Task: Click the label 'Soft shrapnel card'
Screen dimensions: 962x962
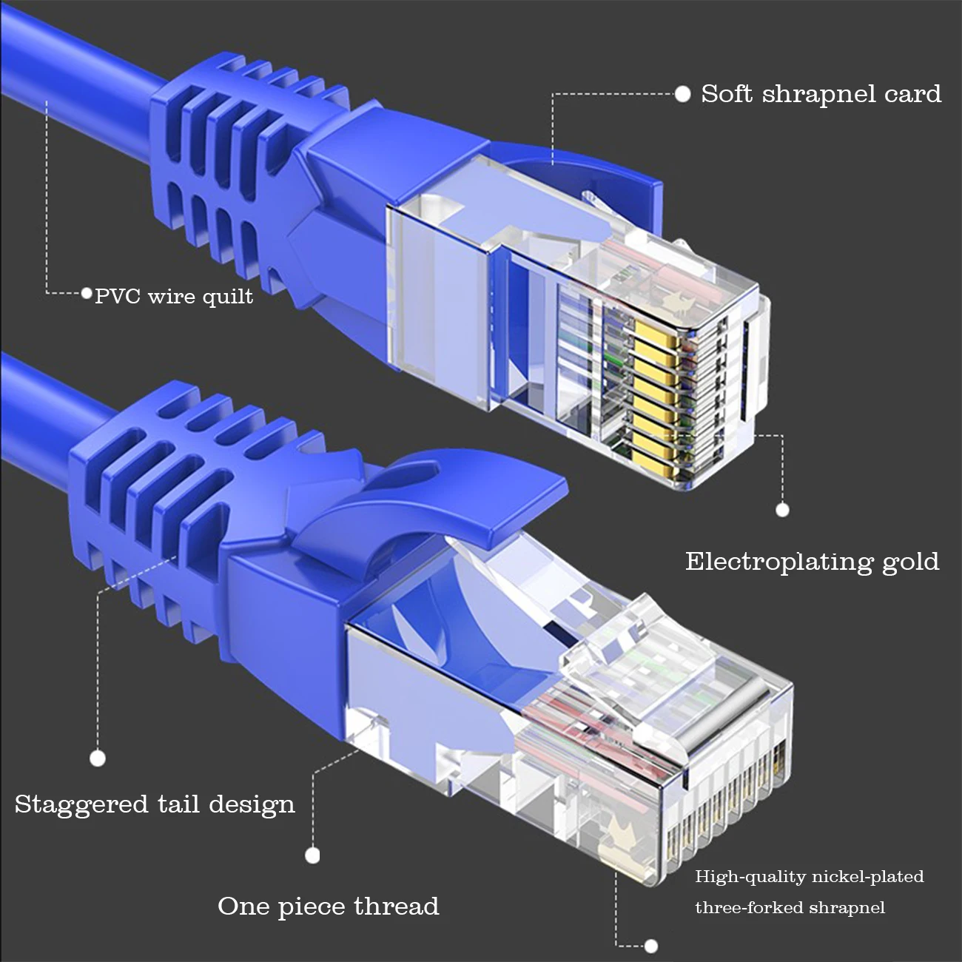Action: tap(821, 94)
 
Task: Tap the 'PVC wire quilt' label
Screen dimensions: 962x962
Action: tap(174, 297)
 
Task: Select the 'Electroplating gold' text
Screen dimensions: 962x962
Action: tap(812, 562)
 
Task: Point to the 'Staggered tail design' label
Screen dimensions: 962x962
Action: tap(155, 804)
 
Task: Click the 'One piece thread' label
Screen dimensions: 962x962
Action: tap(328, 906)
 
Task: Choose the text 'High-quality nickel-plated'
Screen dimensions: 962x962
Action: tap(810, 877)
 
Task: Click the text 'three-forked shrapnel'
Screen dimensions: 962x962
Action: tap(790, 908)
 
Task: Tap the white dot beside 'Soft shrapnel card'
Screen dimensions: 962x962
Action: tap(683, 94)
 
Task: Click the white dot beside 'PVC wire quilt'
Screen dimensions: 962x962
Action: tap(87, 294)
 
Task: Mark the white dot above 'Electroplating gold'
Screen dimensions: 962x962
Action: tap(782, 509)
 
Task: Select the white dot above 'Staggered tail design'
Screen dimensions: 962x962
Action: tap(97, 758)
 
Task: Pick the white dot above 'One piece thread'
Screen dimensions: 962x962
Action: tap(312, 855)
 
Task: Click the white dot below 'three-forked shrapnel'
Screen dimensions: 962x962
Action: tap(651, 946)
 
